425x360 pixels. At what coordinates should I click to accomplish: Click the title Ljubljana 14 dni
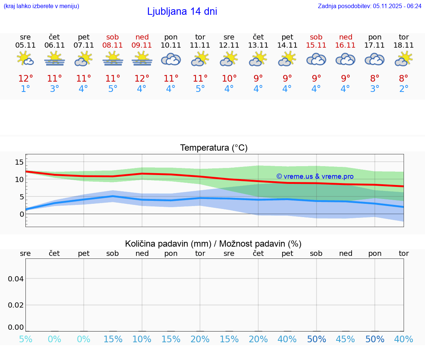pos(182,11)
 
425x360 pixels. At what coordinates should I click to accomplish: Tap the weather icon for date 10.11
pos(171,59)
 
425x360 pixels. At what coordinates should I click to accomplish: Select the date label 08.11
pos(113,45)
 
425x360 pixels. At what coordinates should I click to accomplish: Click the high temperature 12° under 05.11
pos(25,79)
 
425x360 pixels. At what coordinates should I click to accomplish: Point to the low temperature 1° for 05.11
pos(25,89)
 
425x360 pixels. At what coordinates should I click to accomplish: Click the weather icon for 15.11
pos(316,59)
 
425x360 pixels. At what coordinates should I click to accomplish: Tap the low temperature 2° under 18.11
pos(404,89)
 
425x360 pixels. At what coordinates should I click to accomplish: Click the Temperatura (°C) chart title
pos(214,148)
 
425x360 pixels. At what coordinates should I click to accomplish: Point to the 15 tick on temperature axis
pos(19,162)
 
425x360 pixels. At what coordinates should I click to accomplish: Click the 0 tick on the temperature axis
pos(22,214)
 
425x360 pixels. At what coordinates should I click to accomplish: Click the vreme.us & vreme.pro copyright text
pos(315,176)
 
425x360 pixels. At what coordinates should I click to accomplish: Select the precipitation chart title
pos(213,244)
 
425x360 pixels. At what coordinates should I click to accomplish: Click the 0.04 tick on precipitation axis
pos(16,279)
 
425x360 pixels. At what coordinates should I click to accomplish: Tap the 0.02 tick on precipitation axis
pos(16,305)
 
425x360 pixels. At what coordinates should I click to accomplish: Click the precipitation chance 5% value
pos(25,339)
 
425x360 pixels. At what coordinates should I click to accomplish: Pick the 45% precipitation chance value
pos(345,339)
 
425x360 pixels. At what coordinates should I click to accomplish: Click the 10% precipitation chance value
pos(142,339)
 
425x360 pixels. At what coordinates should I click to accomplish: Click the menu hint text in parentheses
pos(41,6)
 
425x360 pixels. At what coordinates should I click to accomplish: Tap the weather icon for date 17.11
pos(374,59)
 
